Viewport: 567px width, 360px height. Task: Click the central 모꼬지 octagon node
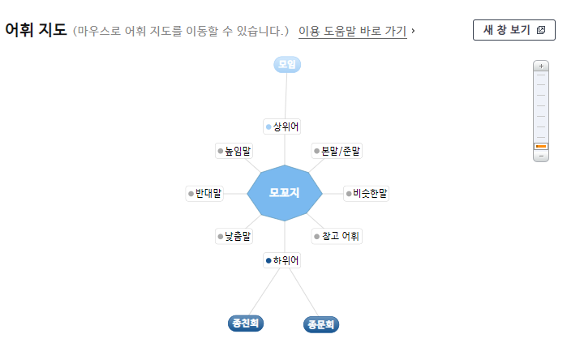point(285,193)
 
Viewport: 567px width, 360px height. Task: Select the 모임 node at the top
point(287,64)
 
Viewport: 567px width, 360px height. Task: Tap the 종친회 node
point(246,324)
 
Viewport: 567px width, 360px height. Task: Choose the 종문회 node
point(321,324)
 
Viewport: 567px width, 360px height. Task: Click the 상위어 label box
point(282,126)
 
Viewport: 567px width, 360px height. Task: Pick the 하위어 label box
point(282,260)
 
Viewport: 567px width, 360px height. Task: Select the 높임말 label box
point(234,151)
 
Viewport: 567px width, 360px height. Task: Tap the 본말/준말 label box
point(337,151)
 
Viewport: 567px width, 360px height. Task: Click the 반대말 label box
point(204,194)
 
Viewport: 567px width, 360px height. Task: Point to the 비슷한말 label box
point(366,194)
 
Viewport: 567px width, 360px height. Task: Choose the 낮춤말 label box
point(234,237)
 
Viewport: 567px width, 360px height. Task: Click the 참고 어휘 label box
point(337,237)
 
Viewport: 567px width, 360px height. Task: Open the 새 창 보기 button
point(514,30)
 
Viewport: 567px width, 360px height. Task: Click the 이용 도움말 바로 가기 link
point(352,32)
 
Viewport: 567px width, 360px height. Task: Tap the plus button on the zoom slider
point(541,66)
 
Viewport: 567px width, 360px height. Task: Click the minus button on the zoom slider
point(541,156)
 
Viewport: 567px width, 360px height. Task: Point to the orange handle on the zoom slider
point(541,146)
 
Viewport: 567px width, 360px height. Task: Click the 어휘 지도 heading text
point(36,31)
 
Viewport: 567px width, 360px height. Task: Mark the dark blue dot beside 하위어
point(268,260)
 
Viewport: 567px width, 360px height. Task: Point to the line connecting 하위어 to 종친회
point(263,292)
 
